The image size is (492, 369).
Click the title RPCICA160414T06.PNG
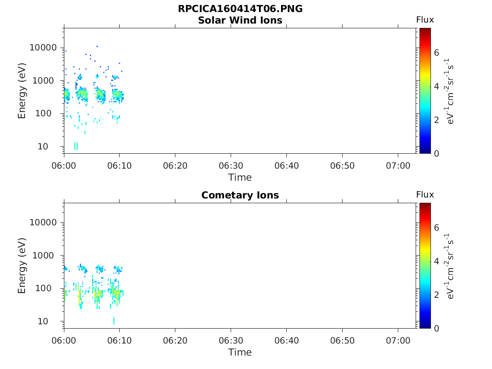[240, 9]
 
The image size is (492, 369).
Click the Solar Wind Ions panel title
[240, 20]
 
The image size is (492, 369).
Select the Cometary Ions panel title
[240, 195]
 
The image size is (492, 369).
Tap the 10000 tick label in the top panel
[43, 48]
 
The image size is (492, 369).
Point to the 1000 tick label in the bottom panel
[46, 256]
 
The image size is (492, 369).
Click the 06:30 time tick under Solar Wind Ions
[231, 165]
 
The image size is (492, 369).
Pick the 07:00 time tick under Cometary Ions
[398, 340]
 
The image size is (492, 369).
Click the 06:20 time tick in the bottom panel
[175, 340]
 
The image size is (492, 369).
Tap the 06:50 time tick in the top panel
[342, 165]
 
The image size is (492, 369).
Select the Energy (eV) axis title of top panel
[22, 90]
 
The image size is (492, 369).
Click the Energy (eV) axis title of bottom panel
[22, 265]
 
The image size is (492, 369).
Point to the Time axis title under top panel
[240, 177]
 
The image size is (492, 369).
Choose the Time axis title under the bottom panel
[240, 352]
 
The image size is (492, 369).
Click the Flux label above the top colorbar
[425, 20]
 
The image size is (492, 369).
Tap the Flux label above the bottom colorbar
[425, 195]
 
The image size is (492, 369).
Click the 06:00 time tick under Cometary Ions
[64, 340]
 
